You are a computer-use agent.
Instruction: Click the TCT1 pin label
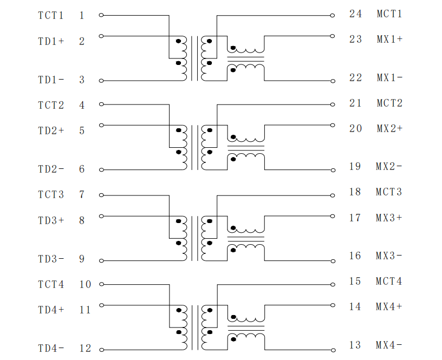pos(51,16)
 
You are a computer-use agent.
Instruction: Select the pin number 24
pos(355,14)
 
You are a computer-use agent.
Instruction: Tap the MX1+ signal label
pos(389,39)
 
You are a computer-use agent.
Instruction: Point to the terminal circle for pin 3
pos(101,81)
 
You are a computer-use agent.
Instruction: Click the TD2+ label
pos(51,130)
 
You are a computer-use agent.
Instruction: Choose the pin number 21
pos(355,103)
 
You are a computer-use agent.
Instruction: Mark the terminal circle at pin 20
pos(333,125)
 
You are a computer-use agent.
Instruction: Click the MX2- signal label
pos(389,167)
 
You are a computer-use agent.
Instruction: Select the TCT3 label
pos(51,195)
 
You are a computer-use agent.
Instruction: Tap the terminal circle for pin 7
pos(101,195)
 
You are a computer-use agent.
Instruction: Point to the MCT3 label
pos(389,192)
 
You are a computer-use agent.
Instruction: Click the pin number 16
pos(355,256)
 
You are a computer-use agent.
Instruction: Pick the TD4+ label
pos(51,310)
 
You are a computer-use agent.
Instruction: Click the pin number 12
pos(85,349)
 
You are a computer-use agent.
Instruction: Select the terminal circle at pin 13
pos(333,350)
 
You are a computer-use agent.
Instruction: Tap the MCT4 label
pos(389,281)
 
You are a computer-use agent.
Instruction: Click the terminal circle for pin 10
pos(102,284)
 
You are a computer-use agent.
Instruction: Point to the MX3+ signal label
pos(389,218)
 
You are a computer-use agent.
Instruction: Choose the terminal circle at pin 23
pos(333,36)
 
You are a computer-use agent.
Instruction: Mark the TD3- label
pos(51,259)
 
